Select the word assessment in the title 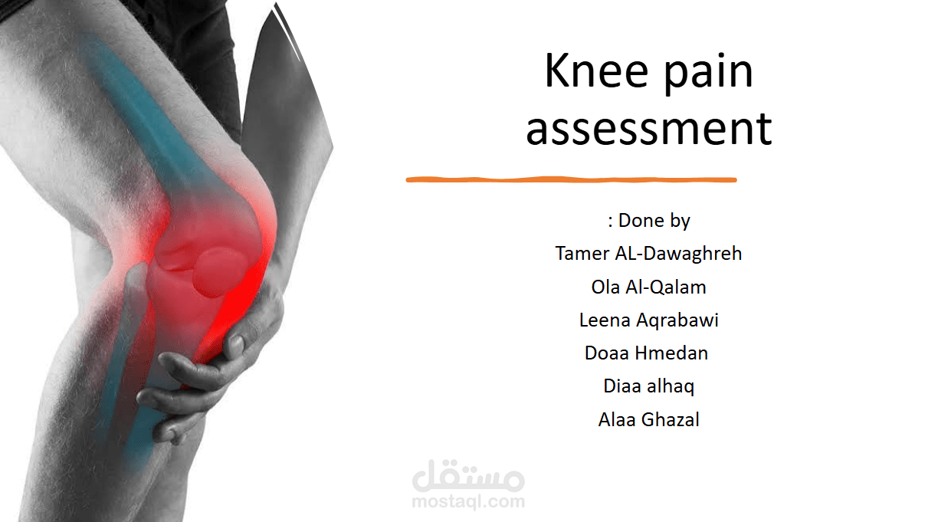click(x=648, y=128)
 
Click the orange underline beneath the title click(x=571, y=180)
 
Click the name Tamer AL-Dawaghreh click(x=648, y=254)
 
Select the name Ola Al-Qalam click(x=648, y=287)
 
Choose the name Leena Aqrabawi click(x=648, y=320)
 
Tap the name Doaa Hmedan click(x=646, y=353)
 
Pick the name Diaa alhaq click(x=648, y=386)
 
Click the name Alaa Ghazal click(x=648, y=419)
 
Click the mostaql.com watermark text click(x=468, y=502)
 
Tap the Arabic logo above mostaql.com click(x=468, y=477)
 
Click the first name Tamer click(x=581, y=254)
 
